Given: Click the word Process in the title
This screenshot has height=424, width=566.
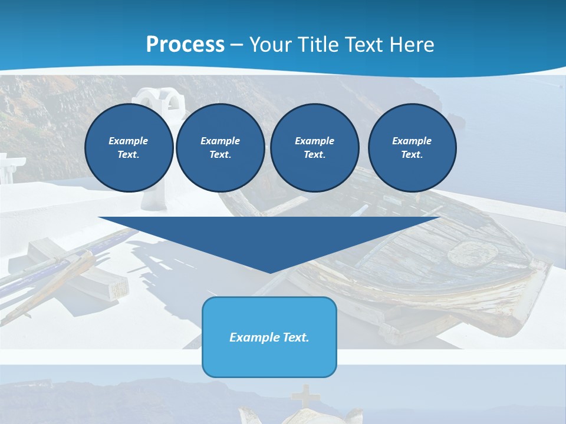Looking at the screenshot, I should [x=185, y=45].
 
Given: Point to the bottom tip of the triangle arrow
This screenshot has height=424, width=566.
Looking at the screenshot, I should [x=269, y=271].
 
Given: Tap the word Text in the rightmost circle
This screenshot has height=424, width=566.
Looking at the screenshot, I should [x=412, y=155].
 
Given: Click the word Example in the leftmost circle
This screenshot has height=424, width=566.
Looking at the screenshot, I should [x=129, y=141].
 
